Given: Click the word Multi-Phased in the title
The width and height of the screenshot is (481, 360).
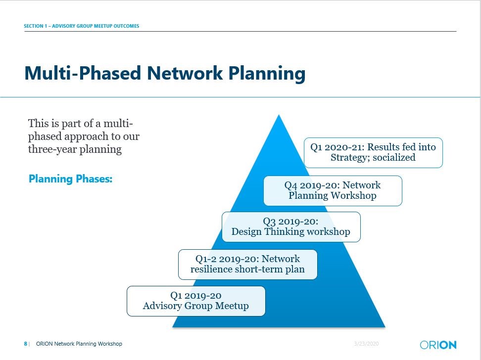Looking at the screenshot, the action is [83, 73].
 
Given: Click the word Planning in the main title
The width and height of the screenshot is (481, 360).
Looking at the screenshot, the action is [267, 74].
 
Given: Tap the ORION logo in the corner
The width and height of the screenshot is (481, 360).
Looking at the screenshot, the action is [438, 345].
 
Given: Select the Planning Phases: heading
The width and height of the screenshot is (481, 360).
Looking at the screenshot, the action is [71, 179].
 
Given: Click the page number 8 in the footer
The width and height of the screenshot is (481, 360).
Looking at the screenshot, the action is [25, 344].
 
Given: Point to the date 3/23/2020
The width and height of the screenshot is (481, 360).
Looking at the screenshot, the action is [366, 344].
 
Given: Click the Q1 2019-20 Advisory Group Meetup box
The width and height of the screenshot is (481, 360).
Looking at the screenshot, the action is [196, 301].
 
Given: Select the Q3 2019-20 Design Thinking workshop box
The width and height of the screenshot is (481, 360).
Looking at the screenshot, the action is [291, 227].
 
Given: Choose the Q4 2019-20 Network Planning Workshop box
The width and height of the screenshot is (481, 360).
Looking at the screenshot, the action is [333, 191].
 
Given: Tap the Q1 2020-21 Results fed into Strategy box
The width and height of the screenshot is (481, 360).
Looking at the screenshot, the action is [373, 153].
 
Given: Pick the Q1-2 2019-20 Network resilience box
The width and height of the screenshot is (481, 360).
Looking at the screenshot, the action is [248, 265].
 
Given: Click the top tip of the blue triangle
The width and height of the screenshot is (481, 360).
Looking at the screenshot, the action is [279, 115].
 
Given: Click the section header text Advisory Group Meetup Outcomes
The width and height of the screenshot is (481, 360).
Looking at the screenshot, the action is [96, 26].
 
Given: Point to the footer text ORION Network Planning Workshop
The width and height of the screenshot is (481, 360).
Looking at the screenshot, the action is [79, 344].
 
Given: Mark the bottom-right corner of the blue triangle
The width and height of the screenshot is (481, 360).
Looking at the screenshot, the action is [385, 327].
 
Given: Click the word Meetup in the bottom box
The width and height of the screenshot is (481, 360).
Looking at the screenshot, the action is [232, 306].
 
